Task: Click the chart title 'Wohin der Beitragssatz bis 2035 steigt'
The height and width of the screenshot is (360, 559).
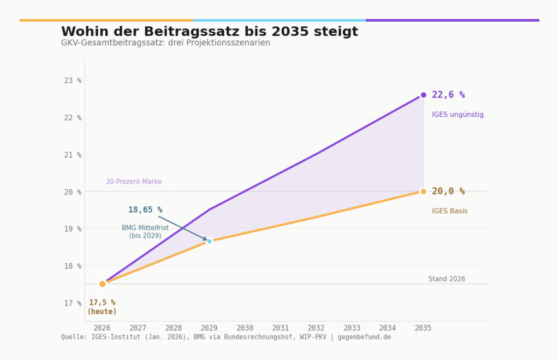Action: pos(210,32)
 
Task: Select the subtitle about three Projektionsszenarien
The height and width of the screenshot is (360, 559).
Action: pos(165,43)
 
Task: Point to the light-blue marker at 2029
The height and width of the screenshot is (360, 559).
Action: pos(209,241)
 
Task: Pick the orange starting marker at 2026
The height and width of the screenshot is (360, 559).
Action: pos(102,284)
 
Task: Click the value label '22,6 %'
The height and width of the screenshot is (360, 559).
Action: pos(448,95)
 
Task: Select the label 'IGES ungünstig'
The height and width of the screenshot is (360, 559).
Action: pos(457,115)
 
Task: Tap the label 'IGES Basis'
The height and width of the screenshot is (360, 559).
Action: pos(449,211)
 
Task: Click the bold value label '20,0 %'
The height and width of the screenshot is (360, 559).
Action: pos(448,191)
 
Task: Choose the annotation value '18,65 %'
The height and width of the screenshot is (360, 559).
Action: pos(145,210)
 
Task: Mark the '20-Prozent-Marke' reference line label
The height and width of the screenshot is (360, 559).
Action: pos(134,182)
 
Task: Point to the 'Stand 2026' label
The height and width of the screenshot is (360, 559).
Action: pos(447,279)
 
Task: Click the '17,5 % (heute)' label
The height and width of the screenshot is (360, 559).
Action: pos(102,307)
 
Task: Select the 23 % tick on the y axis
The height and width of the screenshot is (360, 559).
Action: pos(72,81)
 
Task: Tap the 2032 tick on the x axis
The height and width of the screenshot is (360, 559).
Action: pos(316,328)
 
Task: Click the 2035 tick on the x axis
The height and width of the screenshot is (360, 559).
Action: pos(423,328)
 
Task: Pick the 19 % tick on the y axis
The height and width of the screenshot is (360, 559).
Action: pos(72,229)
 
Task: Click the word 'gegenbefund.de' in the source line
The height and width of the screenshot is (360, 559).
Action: pos(364,337)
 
